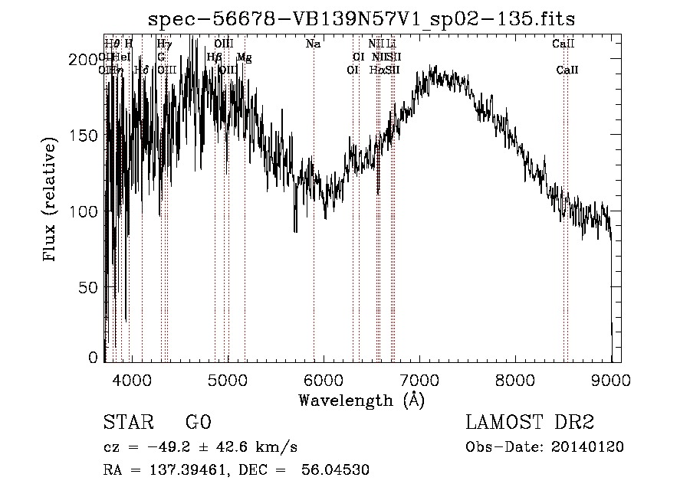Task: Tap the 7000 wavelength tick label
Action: point(419,378)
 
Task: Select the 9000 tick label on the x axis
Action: point(611,378)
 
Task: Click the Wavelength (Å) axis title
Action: point(361,400)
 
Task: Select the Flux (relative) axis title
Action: point(51,201)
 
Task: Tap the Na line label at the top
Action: point(313,44)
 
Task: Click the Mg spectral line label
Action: point(244,57)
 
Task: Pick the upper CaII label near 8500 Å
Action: point(560,44)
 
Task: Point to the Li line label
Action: point(391,44)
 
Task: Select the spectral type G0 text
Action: point(198,423)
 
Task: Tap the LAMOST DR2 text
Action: point(530,423)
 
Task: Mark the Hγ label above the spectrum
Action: point(164,44)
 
